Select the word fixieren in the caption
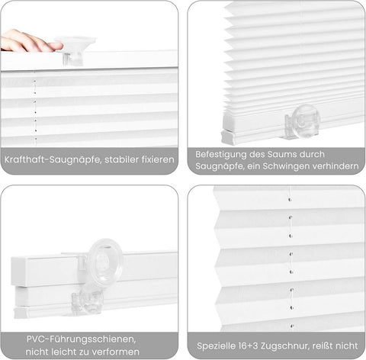[156, 161]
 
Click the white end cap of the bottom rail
[229, 137]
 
